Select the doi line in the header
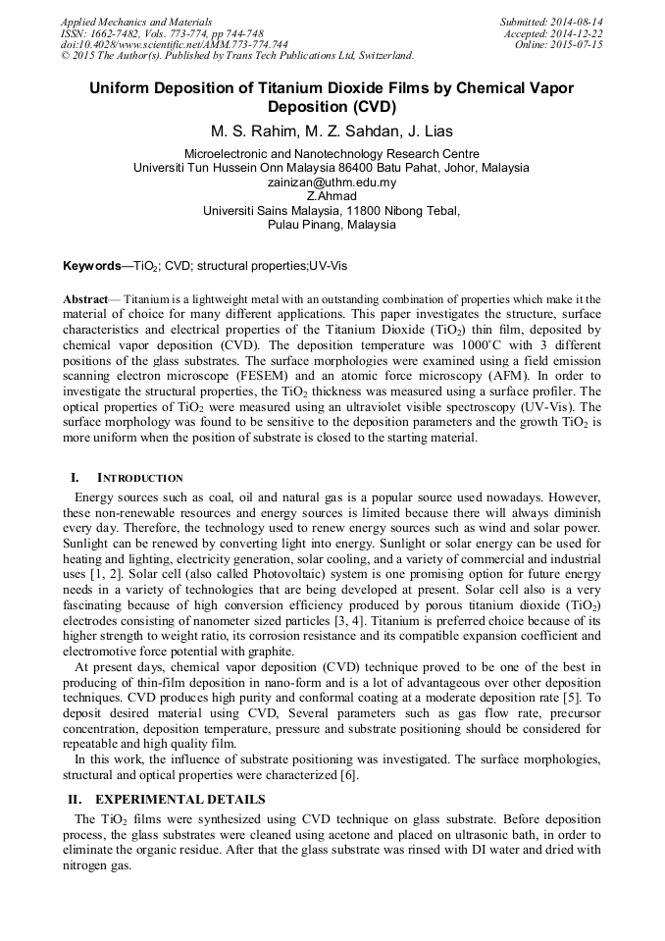click(x=174, y=44)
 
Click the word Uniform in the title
click(x=121, y=88)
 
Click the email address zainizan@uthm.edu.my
click(x=332, y=183)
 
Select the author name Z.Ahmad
click(x=332, y=196)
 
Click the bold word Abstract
click(x=85, y=298)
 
